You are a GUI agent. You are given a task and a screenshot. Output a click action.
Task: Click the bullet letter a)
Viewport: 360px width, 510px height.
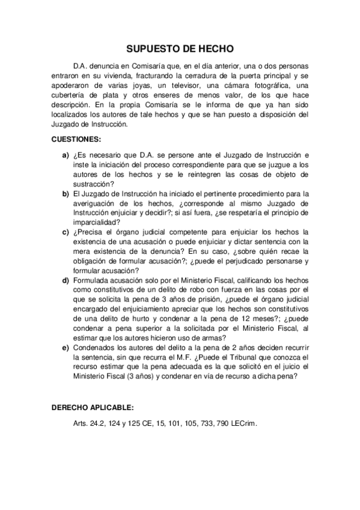(66, 155)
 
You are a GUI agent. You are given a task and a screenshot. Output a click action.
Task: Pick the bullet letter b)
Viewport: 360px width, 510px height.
(66, 193)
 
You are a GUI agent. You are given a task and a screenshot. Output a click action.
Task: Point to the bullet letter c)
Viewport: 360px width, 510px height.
(66, 232)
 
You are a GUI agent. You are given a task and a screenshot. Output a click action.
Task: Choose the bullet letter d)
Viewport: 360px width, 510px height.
(66, 280)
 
